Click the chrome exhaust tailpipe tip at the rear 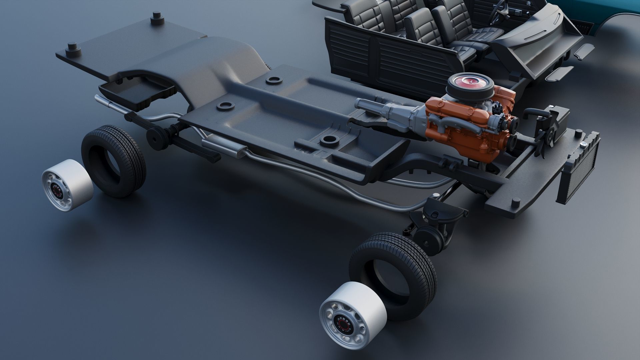pos(100,99)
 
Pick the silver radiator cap pos(584,144)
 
